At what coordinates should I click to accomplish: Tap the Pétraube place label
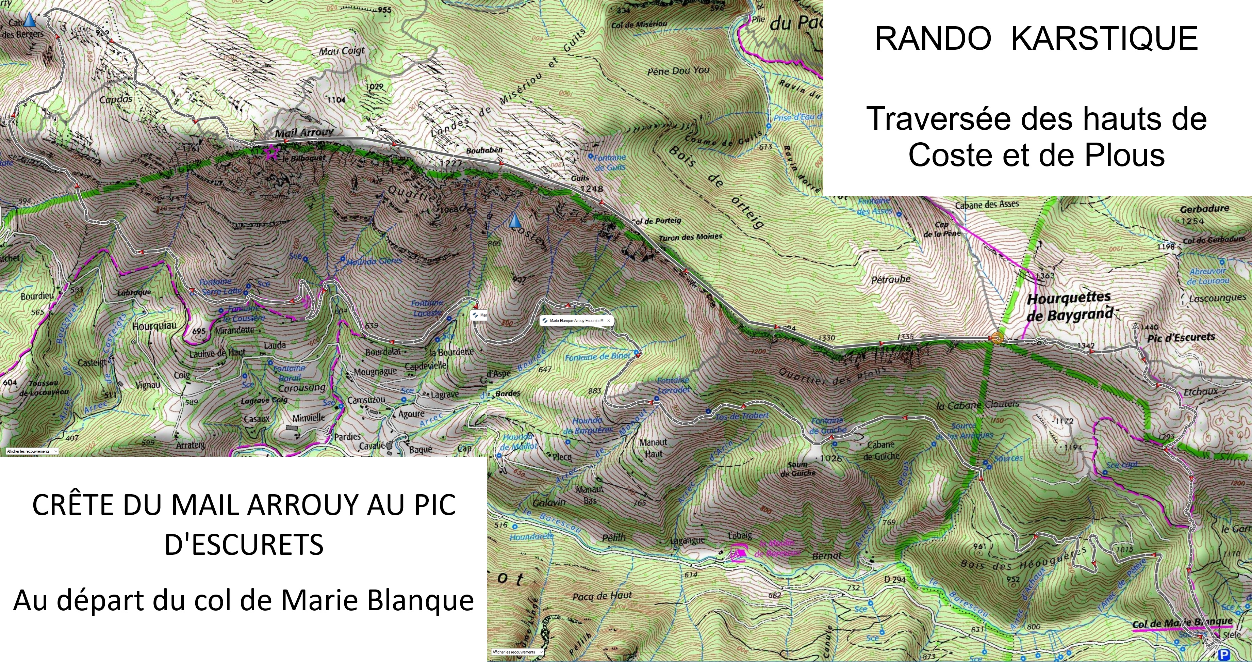tap(891, 279)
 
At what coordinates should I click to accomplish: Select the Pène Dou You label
tap(678, 71)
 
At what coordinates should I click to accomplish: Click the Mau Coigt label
tap(342, 51)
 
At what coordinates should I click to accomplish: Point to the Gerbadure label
tap(1204, 209)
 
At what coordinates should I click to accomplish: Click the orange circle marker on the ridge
tap(997, 339)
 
